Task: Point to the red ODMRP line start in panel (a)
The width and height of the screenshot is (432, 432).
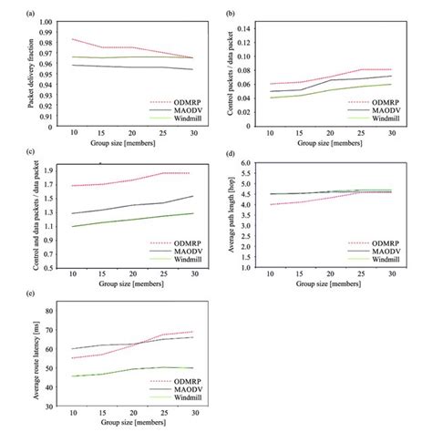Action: coord(72,38)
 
